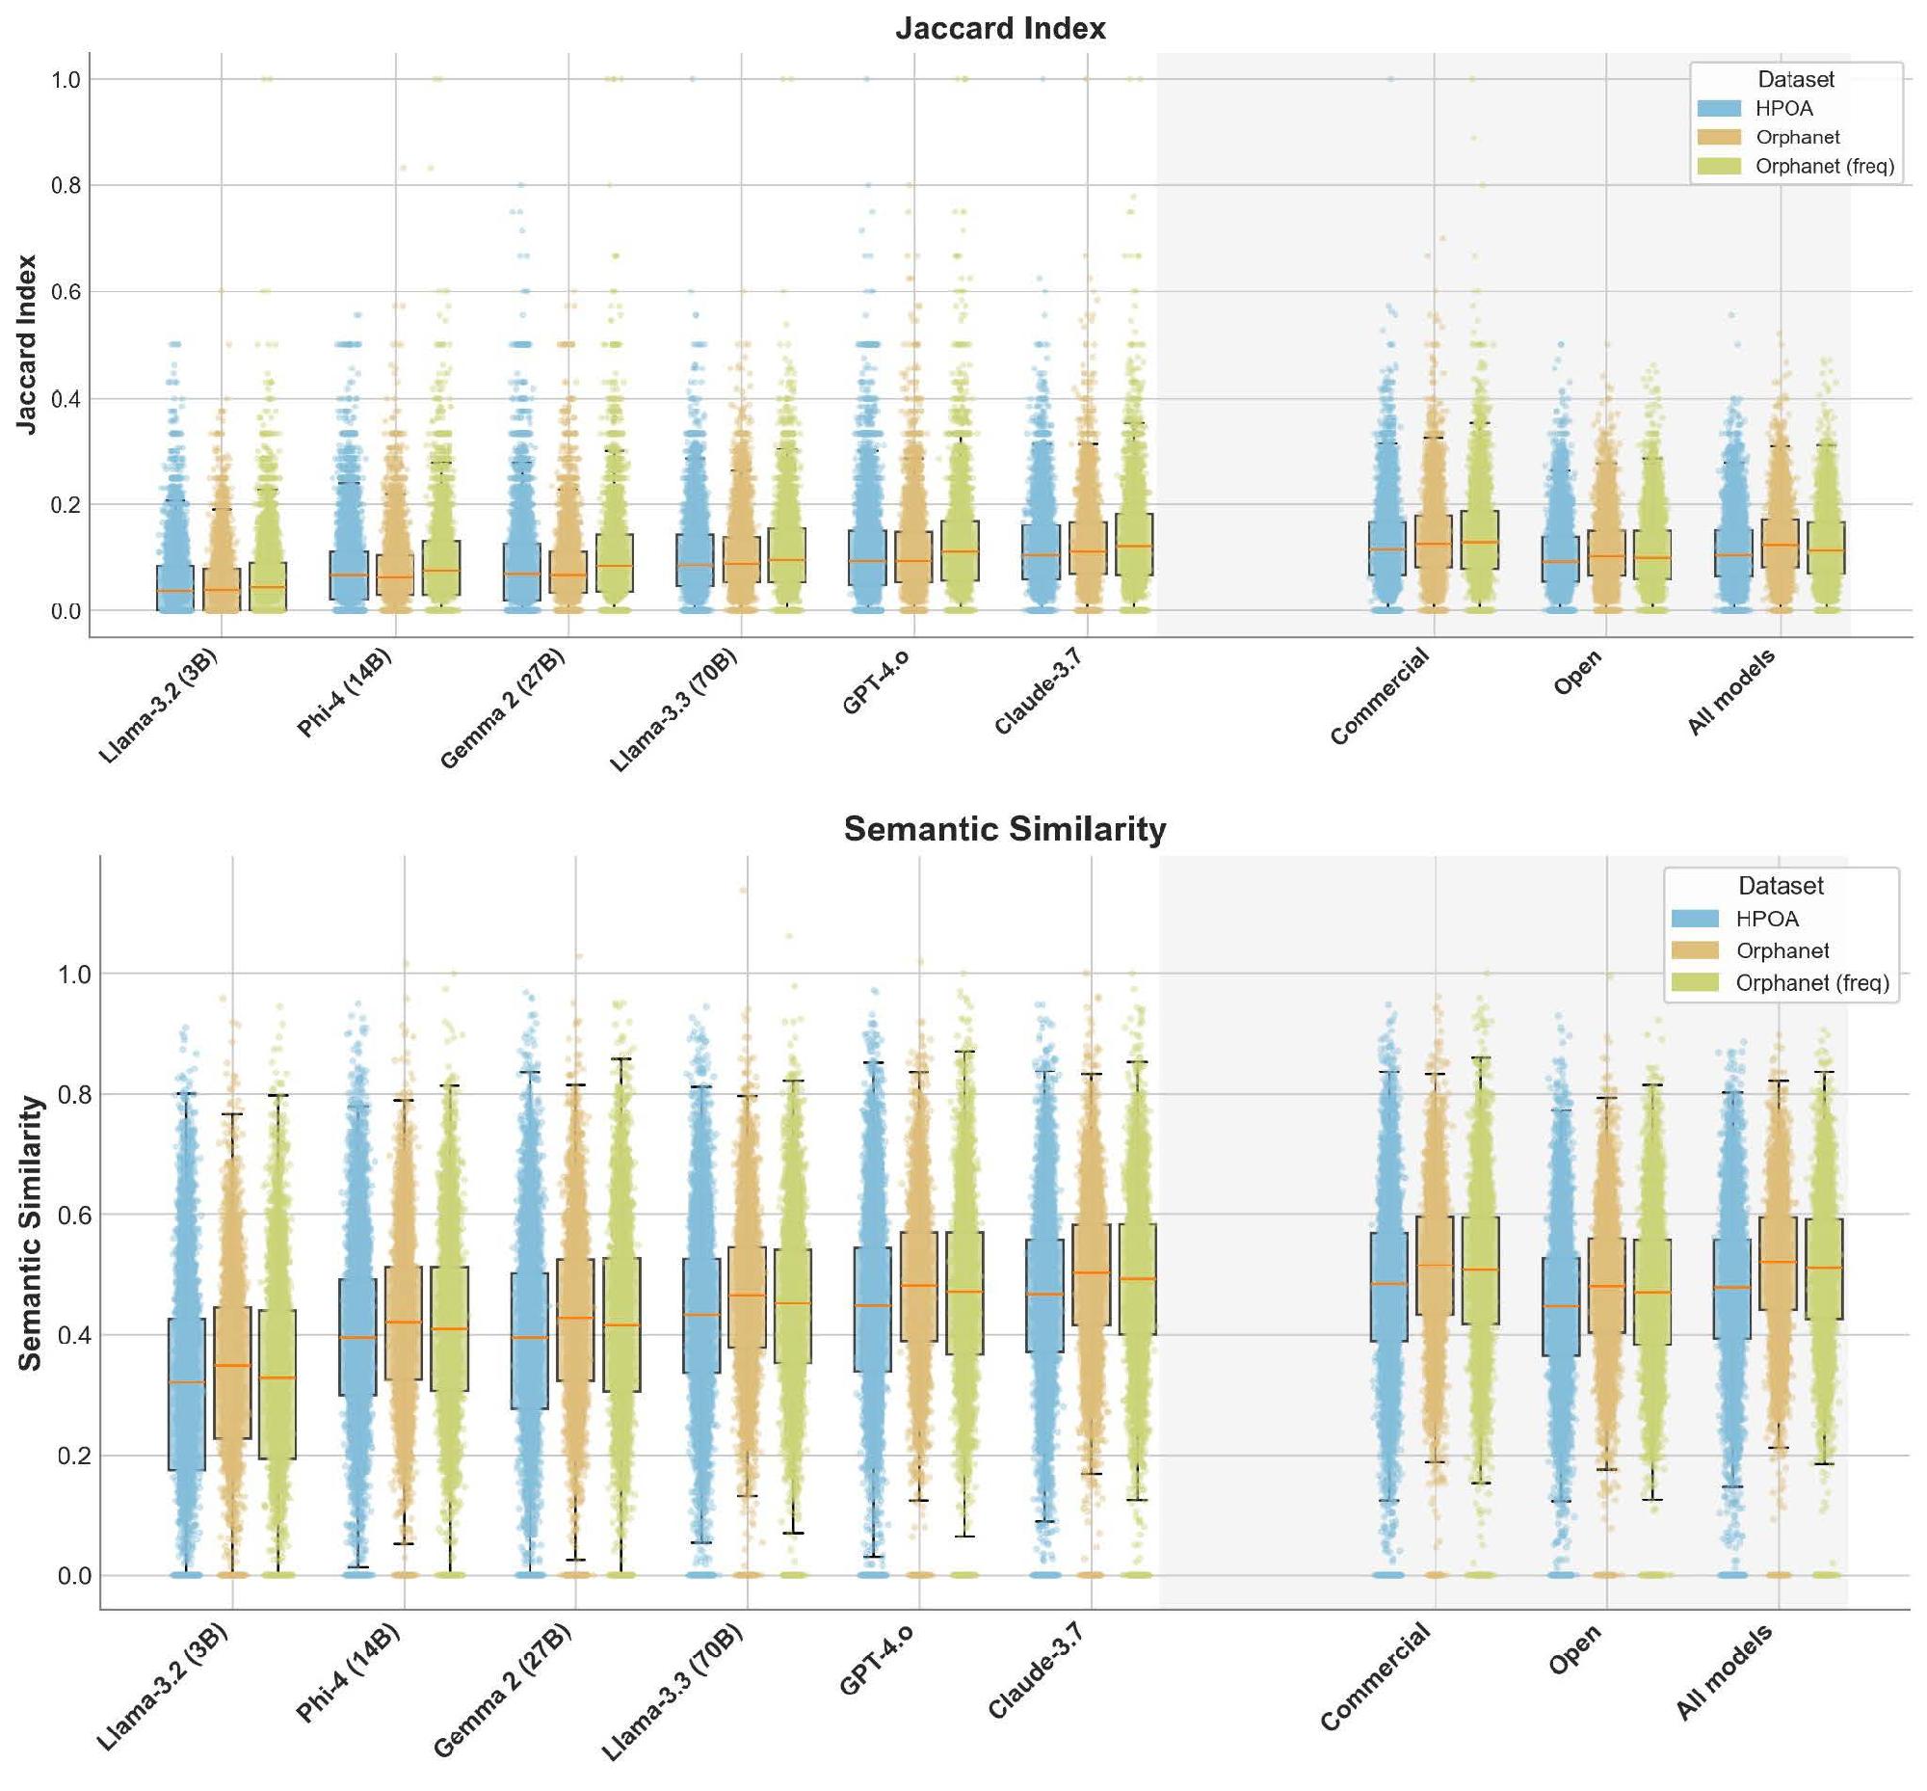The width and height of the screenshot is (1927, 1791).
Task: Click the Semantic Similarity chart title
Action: pyautogui.click(x=1004, y=830)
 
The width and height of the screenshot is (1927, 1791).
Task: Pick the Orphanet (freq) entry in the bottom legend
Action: pyautogui.click(x=1810, y=982)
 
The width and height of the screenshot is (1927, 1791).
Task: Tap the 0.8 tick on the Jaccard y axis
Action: pyautogui.click(x=65, y=185)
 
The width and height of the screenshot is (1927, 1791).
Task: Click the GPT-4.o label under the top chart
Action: pyautogui.click(x=875, y=683)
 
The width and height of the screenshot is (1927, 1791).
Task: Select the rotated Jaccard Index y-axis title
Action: pyautogui.click(x=27, y=344)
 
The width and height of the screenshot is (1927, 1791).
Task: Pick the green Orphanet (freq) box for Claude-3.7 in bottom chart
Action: pyautogui.click(x=1136, y=1279)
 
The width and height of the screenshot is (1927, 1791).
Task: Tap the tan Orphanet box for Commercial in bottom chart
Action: pyautogui.click(x=1434, y=1265)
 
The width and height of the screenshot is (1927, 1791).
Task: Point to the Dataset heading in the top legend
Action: pyautogui.click(x=1795, y=79)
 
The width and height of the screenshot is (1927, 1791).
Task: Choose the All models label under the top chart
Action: pyautogui.click(x=1730, y=692)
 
